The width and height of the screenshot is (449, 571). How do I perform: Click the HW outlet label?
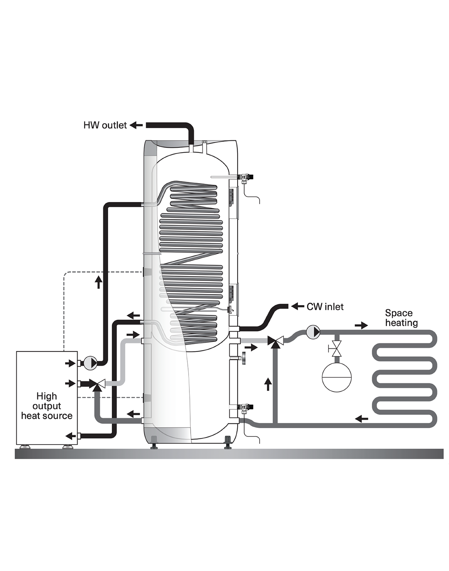pyautogui.click(x=105, y=126)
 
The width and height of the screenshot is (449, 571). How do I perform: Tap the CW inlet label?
pyautogui.click(x=325, y=306)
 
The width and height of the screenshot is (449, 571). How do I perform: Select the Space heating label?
pyautogui.click(x=402, y=318)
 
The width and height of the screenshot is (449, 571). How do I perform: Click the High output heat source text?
pyautogui.click(x=47, y=406)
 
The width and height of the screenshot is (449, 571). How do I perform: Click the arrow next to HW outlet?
pyautogui.click(x=136, y=126)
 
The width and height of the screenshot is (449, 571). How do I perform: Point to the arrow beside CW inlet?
pyautogui.click(x=297, y=306)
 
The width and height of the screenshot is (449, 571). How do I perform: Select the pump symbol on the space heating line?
pyautogui.click(x=313, y=332)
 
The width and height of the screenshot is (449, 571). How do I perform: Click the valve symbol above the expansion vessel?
pyautogui.click(x=337, y=350)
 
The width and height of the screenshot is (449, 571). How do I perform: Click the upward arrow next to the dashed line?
pyautogui.click(x=98, y=282)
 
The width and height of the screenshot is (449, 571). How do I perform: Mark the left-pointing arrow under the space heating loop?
pyautogui.click(x=360, y=418)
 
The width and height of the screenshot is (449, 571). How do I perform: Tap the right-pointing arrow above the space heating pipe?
pyautogui.click(x=360, y=325)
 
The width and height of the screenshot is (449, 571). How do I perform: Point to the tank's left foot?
pyautogui.click(x=155, y=443)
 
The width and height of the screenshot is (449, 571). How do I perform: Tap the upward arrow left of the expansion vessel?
pyautogui.click(x=268, y=384)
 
